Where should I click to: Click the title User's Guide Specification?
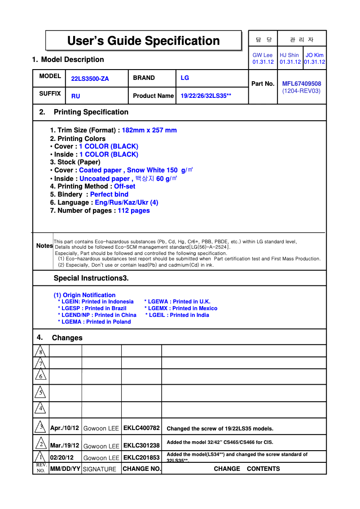pyautogui.click(x=143, y=41)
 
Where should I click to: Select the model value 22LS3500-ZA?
pyautogui.click(x=90, y=79)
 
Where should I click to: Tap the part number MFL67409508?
pyautogui.click(x=301, y=83)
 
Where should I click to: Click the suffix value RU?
pyautogui.click(x=75, y=96)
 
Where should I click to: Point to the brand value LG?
pyautogui.click(x=184, y=78)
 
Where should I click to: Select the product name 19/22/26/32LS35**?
pyautogui.click(x=206, y=96)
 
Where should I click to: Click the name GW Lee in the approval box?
pyautogui.click(x=263, y=55)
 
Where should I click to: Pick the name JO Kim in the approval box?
pyautogui.click(x=314, y=55)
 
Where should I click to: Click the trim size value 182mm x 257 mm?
pyautogui.click(x=149, y=130)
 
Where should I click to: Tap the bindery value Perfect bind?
pyautogui.click(x=109, y=194)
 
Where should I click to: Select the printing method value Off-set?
pyautogui.click(x=124, y=186)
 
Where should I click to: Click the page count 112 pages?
pyautogui.click(x=134, y=211)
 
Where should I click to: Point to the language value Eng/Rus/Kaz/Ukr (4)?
pyautogui.click(x=127, y=202)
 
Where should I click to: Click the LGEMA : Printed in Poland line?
pyautogui.click(x=94, y=322)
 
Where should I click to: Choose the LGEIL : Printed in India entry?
pyautogui.click(x=177, y=315)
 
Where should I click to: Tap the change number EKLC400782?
pyautogui.click(x=141, y=428)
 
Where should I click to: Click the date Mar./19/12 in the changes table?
pyautogui.click(x=65, y=446)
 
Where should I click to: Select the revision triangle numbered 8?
pyautogui.click(x=40, y=351)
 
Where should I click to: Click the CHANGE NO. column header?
pyautogui.click(x=141, y=469)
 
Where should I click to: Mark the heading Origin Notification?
pyautogui.click(x=84, y=295)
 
